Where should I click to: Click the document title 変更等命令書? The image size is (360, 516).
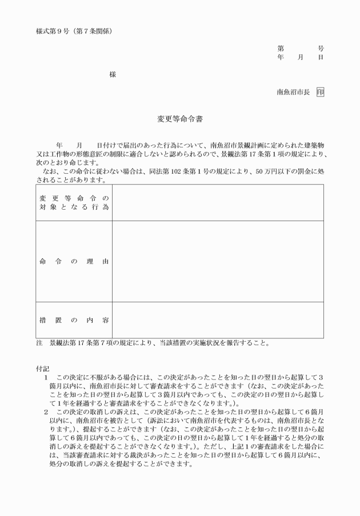(x=180, y=120)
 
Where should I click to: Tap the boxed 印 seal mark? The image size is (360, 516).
(x=320, y=92)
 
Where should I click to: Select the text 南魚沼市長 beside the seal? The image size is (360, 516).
(x=293, y=92)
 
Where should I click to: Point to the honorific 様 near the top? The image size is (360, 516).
(x=113, y=75)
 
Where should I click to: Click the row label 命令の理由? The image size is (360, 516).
(x=74, y=262)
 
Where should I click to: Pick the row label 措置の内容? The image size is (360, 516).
(x=74, y=320)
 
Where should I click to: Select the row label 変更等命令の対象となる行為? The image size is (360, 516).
(x=74, y=202)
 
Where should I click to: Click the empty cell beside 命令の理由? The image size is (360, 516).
(x=218, y=262)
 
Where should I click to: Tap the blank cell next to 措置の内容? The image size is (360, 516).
(x=218, y=320)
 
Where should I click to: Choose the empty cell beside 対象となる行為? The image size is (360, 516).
(x=218, y=202)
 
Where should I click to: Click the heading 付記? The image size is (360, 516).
(x=43, y=370)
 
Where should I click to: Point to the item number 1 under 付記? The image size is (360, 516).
(x=46, y=378)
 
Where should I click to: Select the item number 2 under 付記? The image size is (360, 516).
(x=46, y=412)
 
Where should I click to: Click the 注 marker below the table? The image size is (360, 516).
(x=39, y=343)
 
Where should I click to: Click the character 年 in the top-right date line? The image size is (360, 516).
(x=280, y=58)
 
